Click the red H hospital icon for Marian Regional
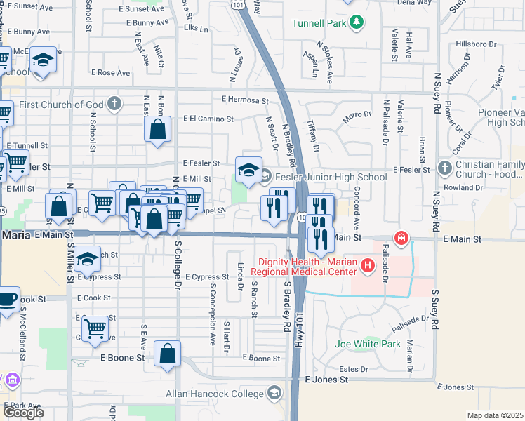pos(367,265)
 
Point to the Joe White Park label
pos(367,345)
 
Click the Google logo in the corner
pos(23,413)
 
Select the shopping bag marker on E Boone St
pos(168,354)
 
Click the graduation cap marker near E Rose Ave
pos(43,60)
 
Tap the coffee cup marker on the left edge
pos(6,300)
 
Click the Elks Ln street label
pos(195,29)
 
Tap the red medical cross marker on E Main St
pos(401,239)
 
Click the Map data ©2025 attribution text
pos(496,415)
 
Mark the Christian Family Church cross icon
pos(444,168)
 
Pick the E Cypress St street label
pos(206,277)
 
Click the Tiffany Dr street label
pos(314,137)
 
